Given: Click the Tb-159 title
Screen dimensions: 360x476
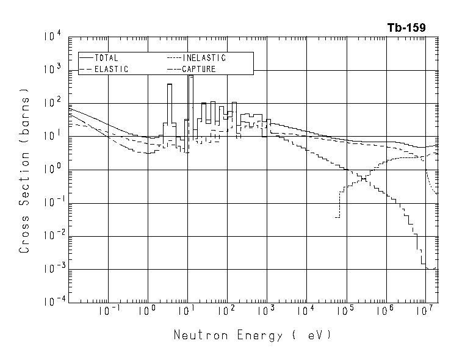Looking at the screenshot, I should coord(406,27).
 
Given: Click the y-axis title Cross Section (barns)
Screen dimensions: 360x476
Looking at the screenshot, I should coord(25,171).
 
